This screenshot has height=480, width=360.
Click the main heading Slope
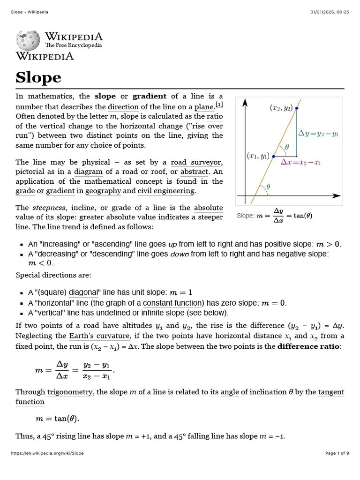(38, 77)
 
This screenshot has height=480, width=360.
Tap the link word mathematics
(50, 97)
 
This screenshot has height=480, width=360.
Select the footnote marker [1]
(219, 104)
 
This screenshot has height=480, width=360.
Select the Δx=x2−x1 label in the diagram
(300, 162)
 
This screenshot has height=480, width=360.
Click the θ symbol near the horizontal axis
(268, 187)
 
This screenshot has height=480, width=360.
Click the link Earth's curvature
(99, 336)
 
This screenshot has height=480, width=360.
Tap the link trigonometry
(69, 392)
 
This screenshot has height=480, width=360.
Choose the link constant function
(173, 303)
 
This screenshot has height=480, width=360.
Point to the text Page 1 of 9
(337, 453)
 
